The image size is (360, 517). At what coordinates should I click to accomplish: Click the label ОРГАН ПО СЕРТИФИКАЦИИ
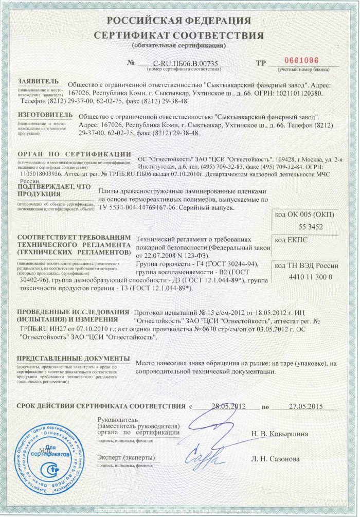point(74,153)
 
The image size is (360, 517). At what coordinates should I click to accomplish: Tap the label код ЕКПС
point(291,240)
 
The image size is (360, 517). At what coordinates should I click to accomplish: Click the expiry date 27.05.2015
point(305,406)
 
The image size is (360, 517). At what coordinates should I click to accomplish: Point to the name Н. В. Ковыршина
point(280,434)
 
